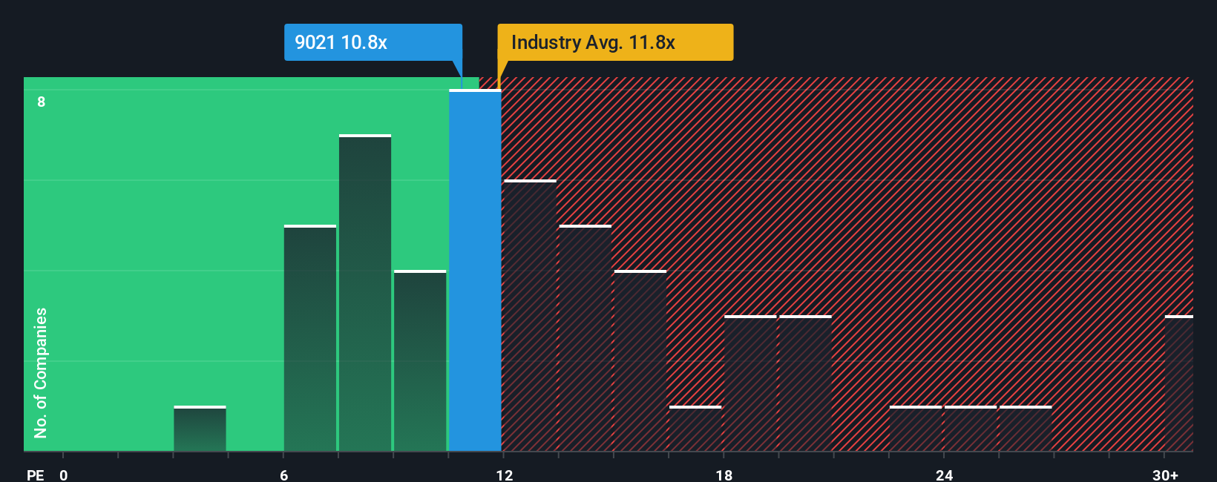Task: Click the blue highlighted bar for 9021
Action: (x=475, y=271)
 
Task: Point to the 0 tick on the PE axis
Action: (x=64, y=475)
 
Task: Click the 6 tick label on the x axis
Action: (x=284, y=475)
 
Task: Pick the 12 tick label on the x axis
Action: (x=505, y=475)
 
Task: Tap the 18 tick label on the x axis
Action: (x=724, y=475)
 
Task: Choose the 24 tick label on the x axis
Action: (x=944, y=475)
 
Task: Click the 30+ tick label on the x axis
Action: (x=1165, y=475)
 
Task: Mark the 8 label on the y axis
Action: (x=42, y=102)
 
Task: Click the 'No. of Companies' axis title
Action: (x=41, y=372)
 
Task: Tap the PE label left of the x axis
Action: (x=36, y=475)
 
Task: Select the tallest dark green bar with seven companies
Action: (x=365, y=293)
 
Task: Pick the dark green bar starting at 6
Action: (x=310, y=338)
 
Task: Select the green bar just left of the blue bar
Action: (x=420, y=361)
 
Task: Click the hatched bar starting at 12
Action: (x=530, y=316)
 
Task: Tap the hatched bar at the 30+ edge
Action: (x=1179, y=383)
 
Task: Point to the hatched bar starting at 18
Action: (x=750, y=383)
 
